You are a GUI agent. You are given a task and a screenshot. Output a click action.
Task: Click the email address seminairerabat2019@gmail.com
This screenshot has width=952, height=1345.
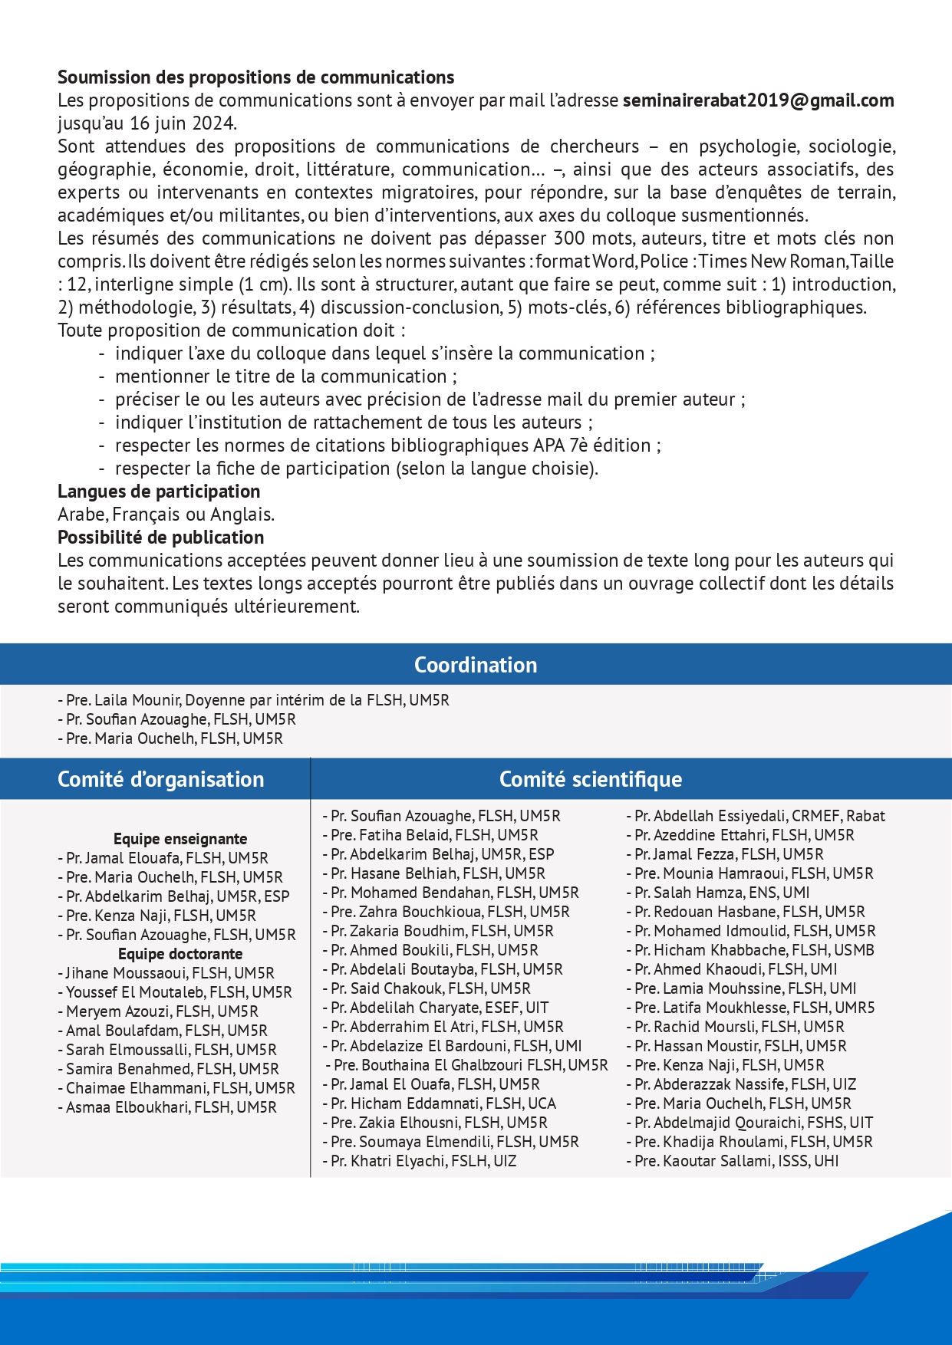[x=758, y=100]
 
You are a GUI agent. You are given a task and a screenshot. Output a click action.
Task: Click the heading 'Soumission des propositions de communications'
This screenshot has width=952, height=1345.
[x=255, y=77]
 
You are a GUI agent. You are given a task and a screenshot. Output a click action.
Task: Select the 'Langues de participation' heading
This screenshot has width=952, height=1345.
[x=159, y=492]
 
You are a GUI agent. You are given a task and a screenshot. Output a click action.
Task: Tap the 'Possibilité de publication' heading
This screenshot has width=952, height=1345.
[x=160, y=538]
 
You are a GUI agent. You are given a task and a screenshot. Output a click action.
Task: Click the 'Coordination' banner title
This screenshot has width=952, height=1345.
[x=476, y=665]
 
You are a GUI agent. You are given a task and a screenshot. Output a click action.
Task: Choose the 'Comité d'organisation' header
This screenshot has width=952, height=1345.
[x=160, y=779]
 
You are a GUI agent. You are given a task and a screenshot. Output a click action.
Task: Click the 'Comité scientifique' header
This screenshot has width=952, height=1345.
[x=590, y=779]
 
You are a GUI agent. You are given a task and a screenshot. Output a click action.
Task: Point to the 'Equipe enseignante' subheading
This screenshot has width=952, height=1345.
[x=180, y=839]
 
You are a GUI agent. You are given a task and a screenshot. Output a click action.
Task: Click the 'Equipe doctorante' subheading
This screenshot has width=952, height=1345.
[x=180, y=954]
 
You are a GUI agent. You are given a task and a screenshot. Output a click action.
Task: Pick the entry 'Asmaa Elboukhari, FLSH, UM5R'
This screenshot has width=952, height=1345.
[x=170, y=1107]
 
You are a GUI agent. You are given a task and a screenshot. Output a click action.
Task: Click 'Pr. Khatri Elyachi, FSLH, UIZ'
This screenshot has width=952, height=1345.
[x=423, y=1161]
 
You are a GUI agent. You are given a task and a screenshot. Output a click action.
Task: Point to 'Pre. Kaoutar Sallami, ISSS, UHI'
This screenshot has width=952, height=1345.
[x=736, y=1161]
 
